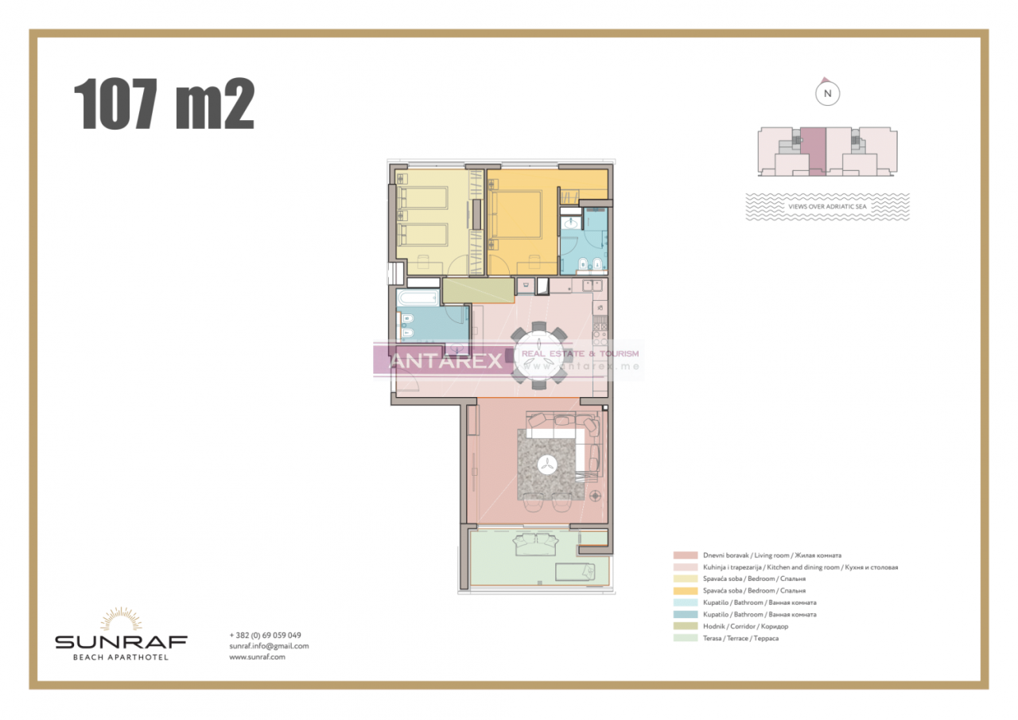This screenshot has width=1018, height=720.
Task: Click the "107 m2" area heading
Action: tap(164, 104)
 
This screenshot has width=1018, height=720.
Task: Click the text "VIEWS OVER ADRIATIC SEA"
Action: tap(827, 206)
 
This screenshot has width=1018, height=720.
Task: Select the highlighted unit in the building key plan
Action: tap(813, 150)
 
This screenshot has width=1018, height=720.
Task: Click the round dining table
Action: tap(539, 356)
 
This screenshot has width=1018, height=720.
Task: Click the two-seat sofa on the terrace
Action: tap(535, 545)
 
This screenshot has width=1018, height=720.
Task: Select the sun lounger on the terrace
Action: tap(574, 570)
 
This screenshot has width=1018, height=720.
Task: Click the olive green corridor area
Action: tap(477, 291)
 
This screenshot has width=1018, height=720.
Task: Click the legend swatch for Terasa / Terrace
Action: tap(684, 638)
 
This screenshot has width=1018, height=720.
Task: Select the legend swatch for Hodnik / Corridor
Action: tap(684, 626)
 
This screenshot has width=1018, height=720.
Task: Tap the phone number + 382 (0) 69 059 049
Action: tap(265, 635)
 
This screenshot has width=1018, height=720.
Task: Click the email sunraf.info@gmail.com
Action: tap(269, 646)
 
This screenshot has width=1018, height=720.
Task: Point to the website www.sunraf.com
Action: tap(257, 657)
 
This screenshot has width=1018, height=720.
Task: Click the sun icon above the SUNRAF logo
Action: tap(121, 620)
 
